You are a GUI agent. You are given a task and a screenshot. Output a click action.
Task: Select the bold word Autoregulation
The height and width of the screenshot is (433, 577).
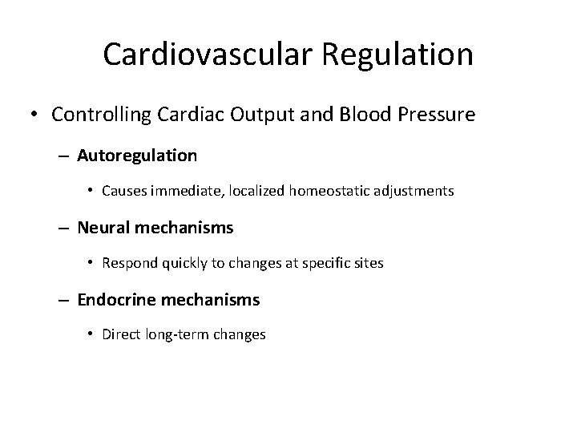(x=137, y=156)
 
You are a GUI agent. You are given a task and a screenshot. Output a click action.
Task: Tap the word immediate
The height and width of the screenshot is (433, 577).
(x=185, y=192)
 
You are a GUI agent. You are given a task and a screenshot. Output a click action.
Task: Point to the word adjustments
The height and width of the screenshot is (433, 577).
(x=410, y=192)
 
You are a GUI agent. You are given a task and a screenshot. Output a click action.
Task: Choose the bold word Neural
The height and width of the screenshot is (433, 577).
(x=105, y=228)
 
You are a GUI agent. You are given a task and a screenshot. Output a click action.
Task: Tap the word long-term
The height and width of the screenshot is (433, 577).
(x=177, y=335)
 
